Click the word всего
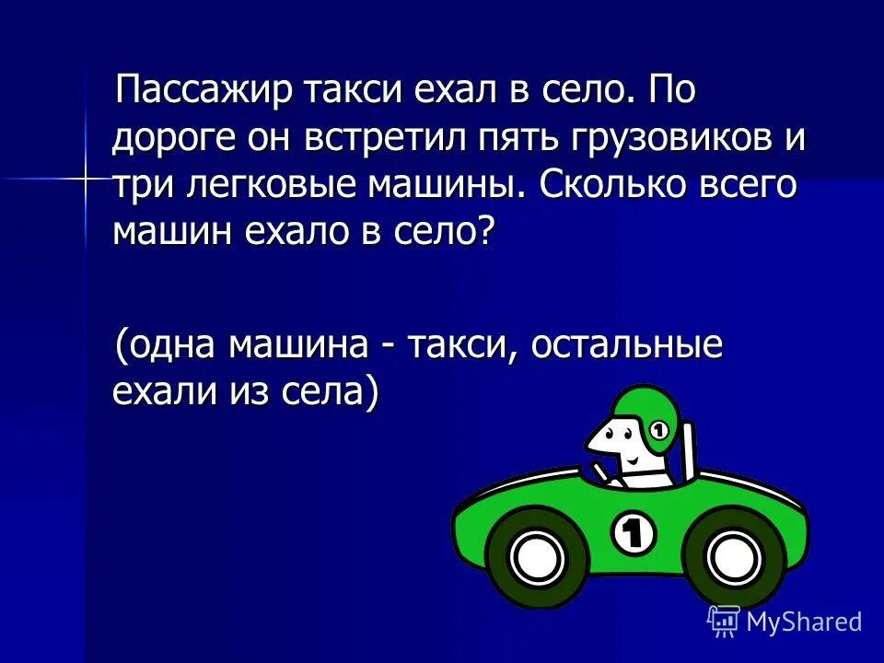tap(747, 184)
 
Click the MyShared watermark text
tap(804, 622)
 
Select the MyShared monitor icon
tap(724, 622)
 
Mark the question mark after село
tap(485, 230)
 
